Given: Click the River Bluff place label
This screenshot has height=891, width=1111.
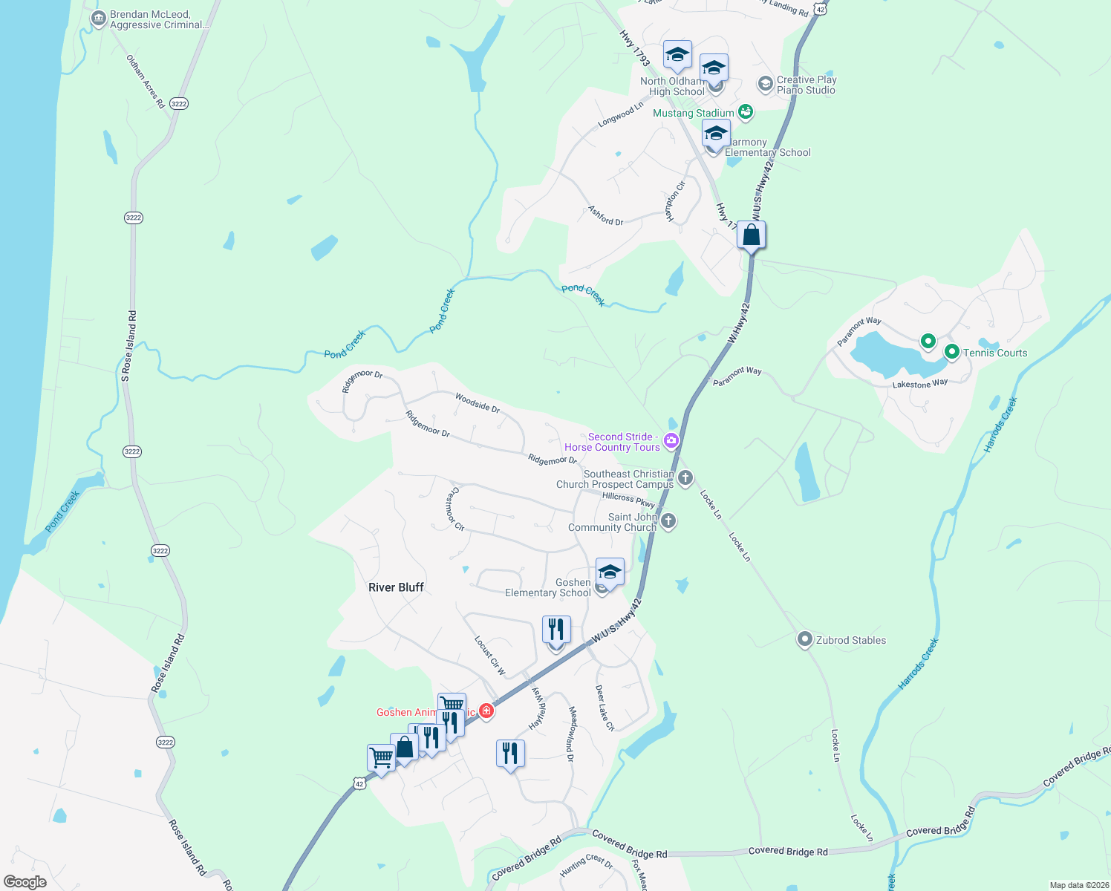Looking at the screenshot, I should point(396,587).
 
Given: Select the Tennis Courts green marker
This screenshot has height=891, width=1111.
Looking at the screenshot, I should point(951,352).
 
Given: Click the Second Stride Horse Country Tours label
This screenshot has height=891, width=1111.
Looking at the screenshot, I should point(613,443).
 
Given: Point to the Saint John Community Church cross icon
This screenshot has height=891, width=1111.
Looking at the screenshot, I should point(668,520).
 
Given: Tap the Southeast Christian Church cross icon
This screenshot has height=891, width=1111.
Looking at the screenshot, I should point(685,477).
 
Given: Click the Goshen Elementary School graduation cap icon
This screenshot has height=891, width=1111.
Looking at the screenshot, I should point(610,572).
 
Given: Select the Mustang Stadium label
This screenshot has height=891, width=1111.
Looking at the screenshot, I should point(693,113).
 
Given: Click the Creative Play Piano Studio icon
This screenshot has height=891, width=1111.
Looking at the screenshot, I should point(765,84).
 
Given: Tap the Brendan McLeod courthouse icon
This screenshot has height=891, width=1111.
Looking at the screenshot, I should point(98,19).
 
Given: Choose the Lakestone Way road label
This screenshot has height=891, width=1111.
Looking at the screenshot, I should point(920,384).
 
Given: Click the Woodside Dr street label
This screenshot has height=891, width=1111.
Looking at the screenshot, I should point(478,403).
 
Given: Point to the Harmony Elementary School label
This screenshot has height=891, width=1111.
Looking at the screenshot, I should point(768,148).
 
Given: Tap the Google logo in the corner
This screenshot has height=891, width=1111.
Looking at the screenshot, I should point(25,882).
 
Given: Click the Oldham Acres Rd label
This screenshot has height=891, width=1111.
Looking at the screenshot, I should point(146,82).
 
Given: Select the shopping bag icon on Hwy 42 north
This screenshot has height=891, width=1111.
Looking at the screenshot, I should point(752,235).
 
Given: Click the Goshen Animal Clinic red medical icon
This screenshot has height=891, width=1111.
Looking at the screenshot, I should point(486,711).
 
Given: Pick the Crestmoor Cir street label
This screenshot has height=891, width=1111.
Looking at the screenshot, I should point(454,509).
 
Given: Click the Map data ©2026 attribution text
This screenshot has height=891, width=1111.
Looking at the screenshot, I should point(1077,885).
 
